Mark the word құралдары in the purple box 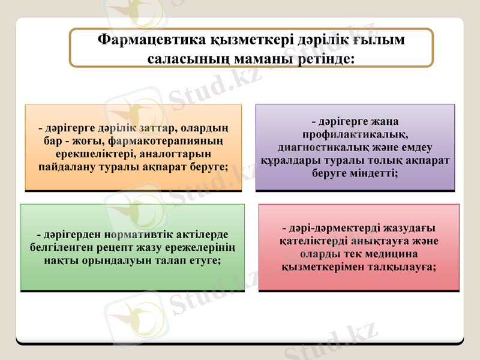[x=289, y=160]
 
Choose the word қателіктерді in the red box [x=312, y=241]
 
